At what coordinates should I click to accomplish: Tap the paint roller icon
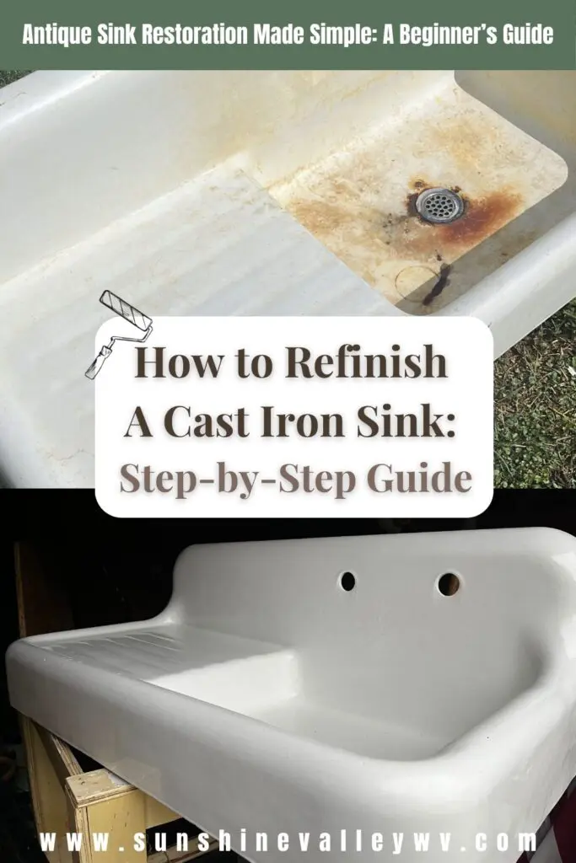tap(118, 334)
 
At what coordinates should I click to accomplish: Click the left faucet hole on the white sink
tap(348, 582)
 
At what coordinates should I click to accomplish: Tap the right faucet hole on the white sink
tap(449, 584)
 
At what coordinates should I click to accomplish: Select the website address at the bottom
tap(288, 842)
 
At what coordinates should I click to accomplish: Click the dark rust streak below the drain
tap(436, 283)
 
